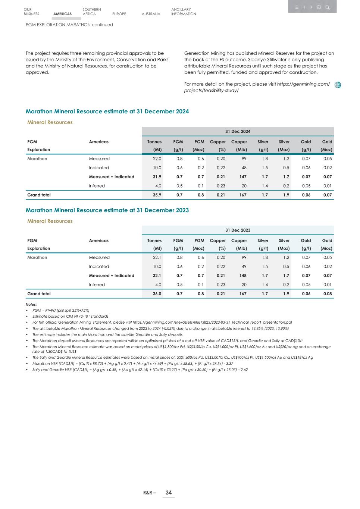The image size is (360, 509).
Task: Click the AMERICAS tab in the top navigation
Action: pyautogui.click(x=62, y=14)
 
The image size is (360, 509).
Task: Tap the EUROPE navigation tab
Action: pyautogui.click(x=119, y=14)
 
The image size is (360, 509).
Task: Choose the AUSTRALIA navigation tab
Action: pyautogui.click(x=151, y=14)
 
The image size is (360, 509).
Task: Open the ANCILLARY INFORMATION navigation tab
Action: pyautogui.click(x=184, y=12)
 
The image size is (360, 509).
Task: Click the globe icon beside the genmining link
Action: pyautogui.click(x=338, y=85)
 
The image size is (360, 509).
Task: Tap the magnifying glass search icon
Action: pyautogui.click(x=327, y=7)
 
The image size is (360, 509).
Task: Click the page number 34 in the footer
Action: pyautogui.click(x=169, y=493)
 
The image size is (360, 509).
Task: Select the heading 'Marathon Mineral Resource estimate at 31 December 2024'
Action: pyautogui.click(x=107, y=111)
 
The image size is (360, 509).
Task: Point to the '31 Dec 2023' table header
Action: pyautogui.click(x=238, y=230)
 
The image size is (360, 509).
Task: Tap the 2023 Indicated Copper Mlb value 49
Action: pyautogui.click(x=244, y=267)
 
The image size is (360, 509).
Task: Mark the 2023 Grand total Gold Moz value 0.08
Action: pyautogui.click(x=328, y=294)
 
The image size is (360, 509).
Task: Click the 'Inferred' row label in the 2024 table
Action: pyautogui.click(x=97, y=186)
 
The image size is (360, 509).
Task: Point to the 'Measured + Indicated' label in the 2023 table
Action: pyautogui.click(x=111, y=276)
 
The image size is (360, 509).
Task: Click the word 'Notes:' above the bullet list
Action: pyautogui.click(x=31, y=305)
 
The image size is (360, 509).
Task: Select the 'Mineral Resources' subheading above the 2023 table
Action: pyautogui.click(x=50, y=221)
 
